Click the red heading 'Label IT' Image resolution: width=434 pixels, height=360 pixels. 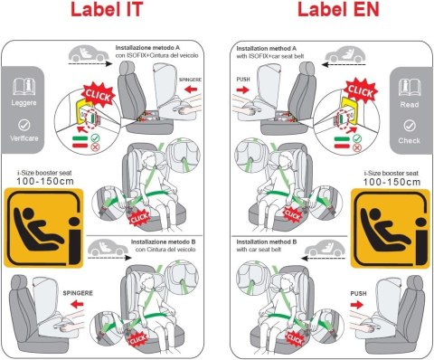coord(107,15)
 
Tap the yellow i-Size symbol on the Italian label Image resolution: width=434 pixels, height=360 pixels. coord(38,226)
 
